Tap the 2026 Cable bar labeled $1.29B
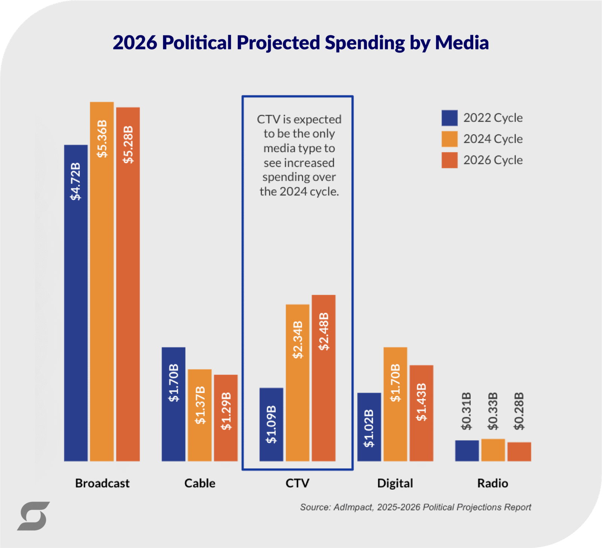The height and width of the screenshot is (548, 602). point(226,418)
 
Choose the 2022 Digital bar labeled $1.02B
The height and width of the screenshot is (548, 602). point(369,427)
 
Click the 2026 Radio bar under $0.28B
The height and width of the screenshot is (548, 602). point(519,452)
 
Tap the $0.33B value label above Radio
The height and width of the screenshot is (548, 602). point(493,411)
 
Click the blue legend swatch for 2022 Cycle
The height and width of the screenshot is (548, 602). point(450,118)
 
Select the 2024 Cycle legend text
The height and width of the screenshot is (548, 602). point(493,139)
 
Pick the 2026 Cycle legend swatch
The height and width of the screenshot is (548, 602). point(450,160)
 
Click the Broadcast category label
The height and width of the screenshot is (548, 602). point(102,483)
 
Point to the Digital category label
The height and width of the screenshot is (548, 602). point(395,483)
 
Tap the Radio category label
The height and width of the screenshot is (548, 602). point(493,483)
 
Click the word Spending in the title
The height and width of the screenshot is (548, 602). point(365,43)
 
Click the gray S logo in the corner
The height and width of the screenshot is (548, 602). point(33,516)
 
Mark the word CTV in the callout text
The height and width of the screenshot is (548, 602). point(269,119)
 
